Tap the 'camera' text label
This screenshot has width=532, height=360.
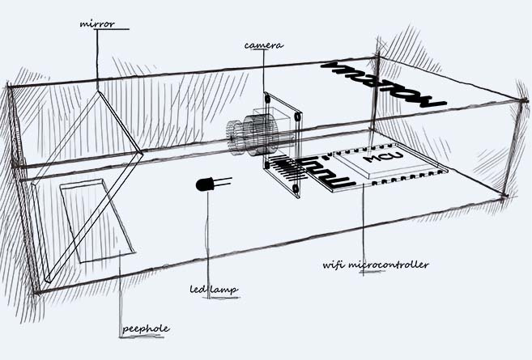click(x=263, y=46)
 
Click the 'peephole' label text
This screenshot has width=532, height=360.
click(x=146, y=328)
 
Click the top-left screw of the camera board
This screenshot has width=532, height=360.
click(x=266, y=98)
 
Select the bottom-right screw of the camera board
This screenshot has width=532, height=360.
click(x=297, y=191)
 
